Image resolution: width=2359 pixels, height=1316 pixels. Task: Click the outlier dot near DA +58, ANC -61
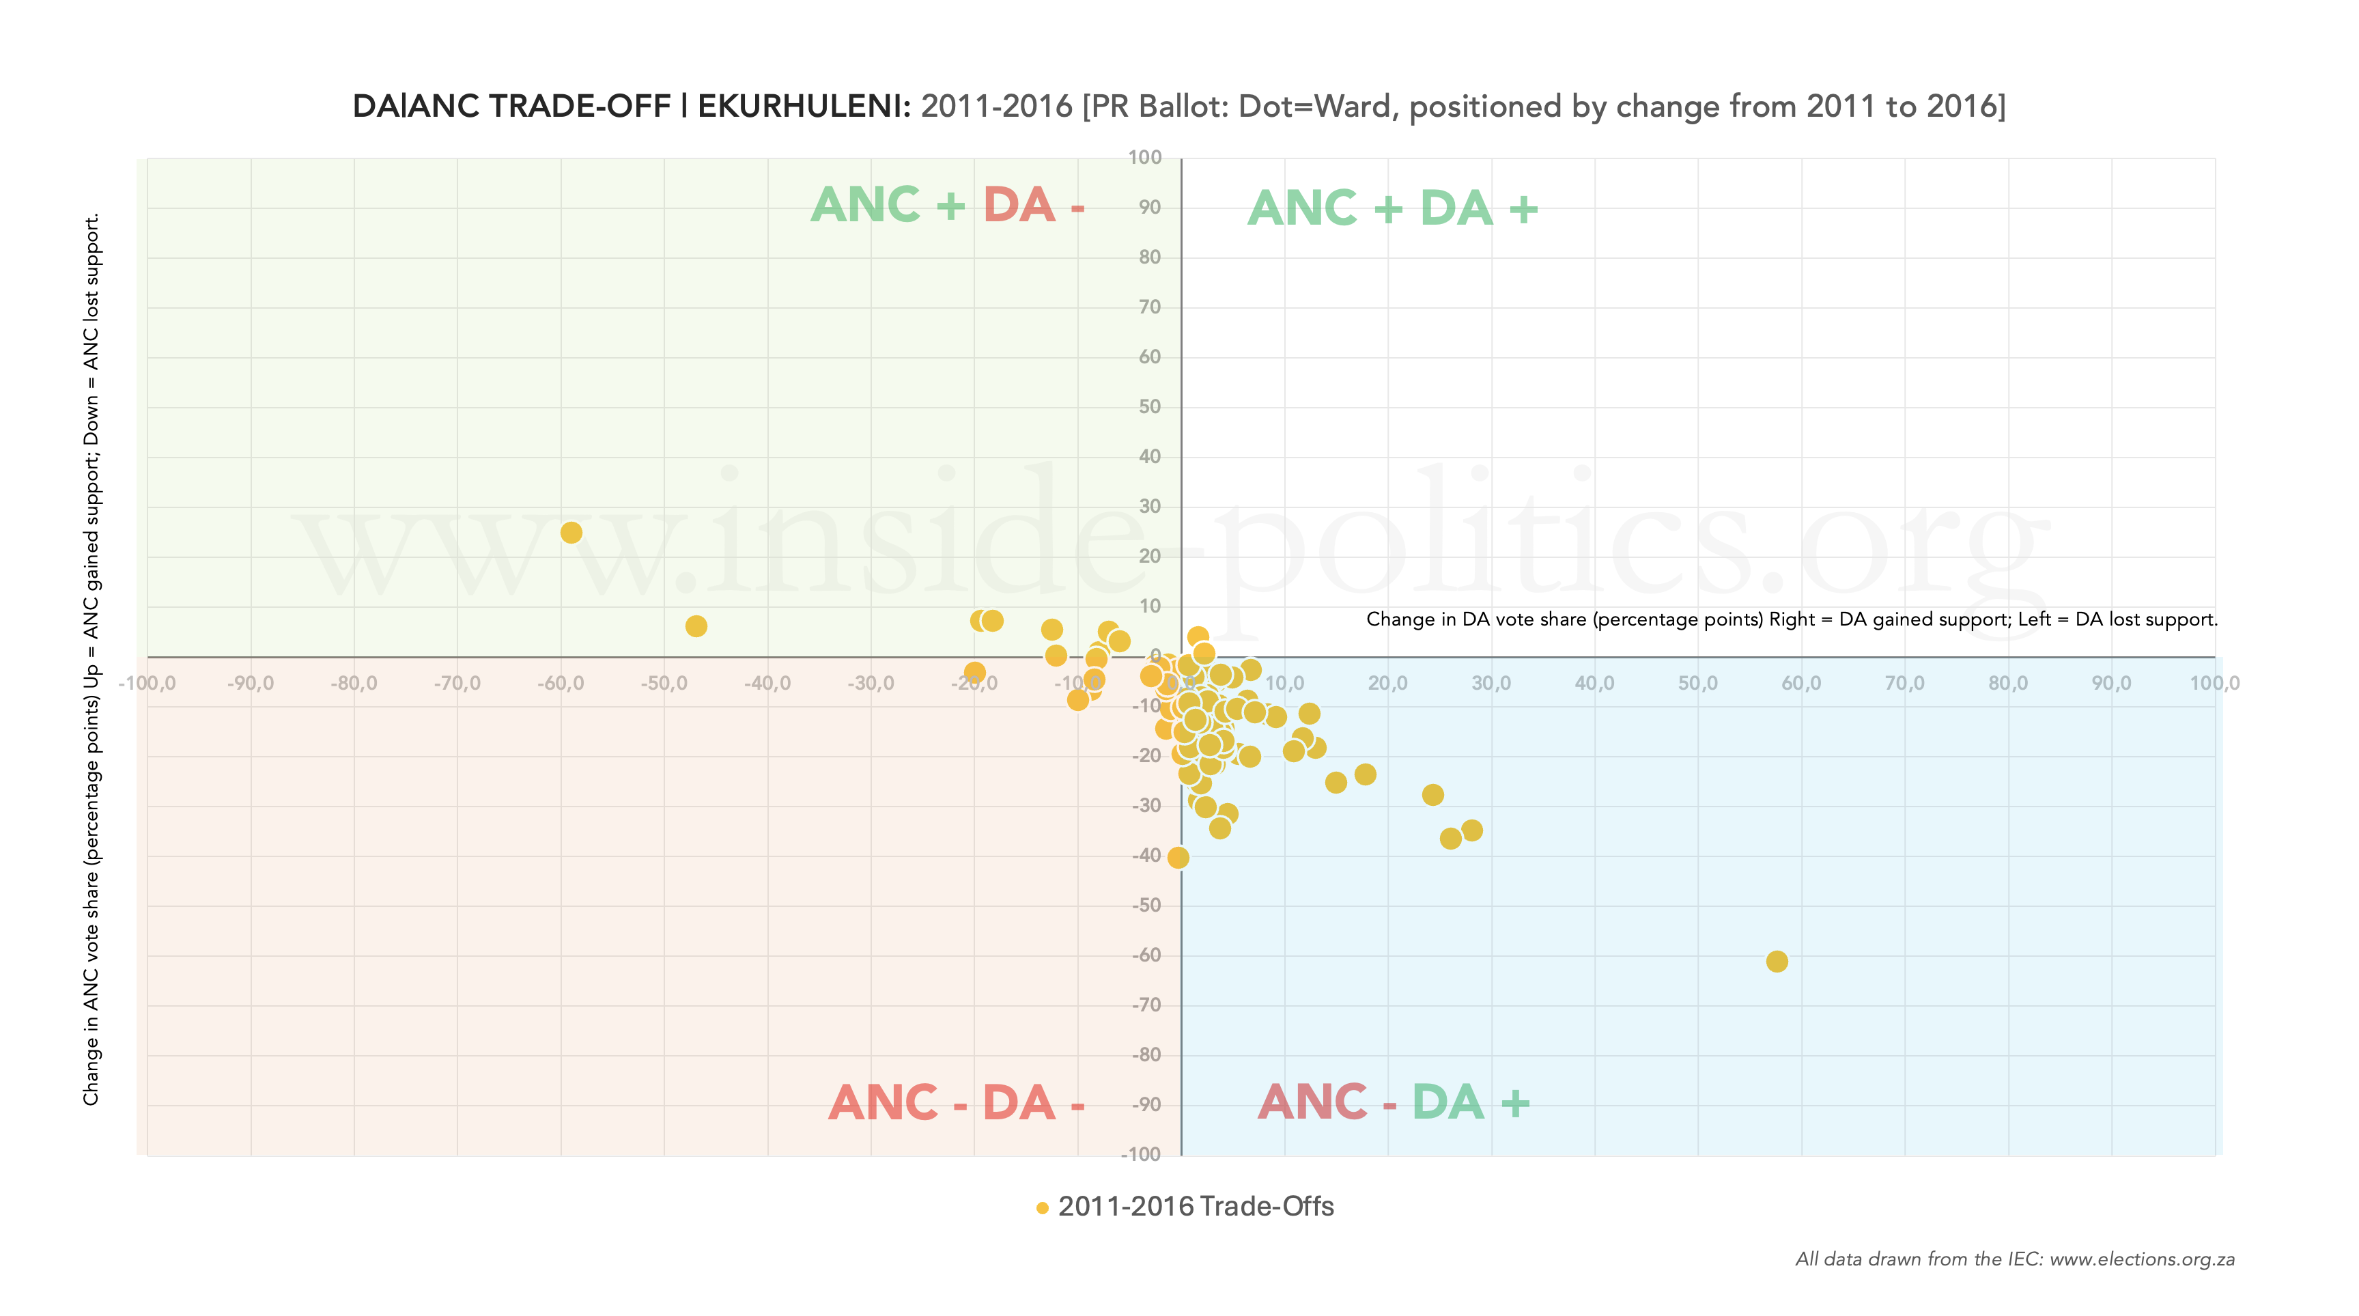1776,961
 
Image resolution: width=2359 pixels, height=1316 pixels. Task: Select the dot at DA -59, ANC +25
571,532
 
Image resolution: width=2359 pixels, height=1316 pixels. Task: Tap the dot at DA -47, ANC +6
696,626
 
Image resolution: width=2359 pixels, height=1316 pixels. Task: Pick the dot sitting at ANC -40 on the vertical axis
1178,857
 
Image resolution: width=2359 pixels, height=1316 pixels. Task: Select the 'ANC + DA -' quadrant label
948,204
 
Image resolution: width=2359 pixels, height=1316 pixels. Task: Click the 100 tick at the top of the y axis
1145,158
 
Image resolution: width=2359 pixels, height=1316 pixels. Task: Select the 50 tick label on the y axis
1149,406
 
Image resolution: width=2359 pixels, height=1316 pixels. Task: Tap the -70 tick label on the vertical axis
1146,1005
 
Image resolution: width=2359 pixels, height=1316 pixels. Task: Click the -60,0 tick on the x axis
561,683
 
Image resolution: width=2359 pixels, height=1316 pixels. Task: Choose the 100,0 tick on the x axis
2214,683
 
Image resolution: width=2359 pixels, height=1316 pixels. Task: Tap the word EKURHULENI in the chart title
803,107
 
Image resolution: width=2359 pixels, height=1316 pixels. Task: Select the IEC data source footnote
2015,1259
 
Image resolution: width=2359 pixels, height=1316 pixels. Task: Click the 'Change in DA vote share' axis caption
1791,619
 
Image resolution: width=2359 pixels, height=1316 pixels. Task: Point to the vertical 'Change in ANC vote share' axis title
91,660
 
